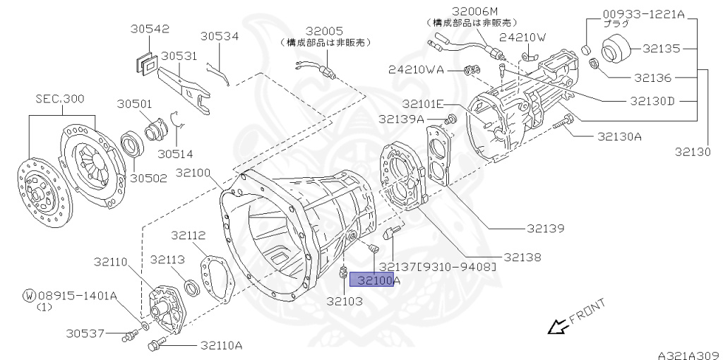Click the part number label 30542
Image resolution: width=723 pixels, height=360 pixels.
(149, 29)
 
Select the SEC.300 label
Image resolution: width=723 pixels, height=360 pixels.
(59, 99)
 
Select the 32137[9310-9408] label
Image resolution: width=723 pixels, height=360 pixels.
(438, 267)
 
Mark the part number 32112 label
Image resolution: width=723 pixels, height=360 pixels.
(189, 236)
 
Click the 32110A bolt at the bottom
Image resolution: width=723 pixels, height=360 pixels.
(155, 344)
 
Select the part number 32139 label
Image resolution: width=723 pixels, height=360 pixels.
(545, 228)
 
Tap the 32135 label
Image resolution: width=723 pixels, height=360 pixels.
(661, 49)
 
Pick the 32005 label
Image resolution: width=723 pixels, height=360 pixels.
(324, 31)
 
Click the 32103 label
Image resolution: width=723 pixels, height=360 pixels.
(344, 301)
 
